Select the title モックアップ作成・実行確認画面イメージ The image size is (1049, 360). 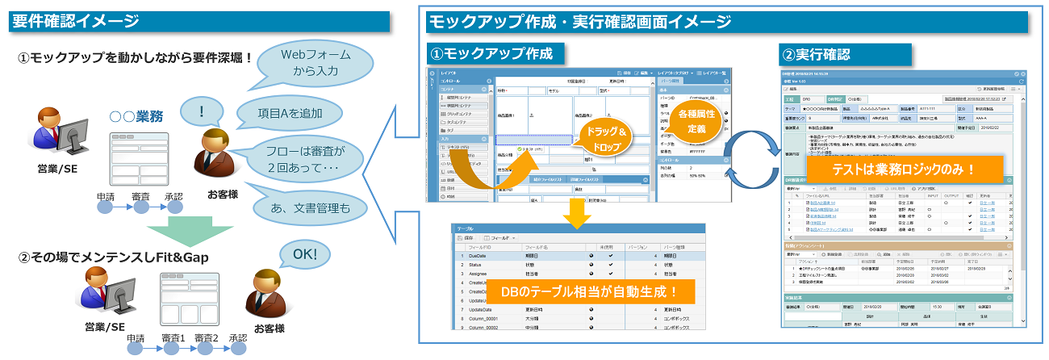(581, 22)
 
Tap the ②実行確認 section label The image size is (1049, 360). (815, 55)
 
